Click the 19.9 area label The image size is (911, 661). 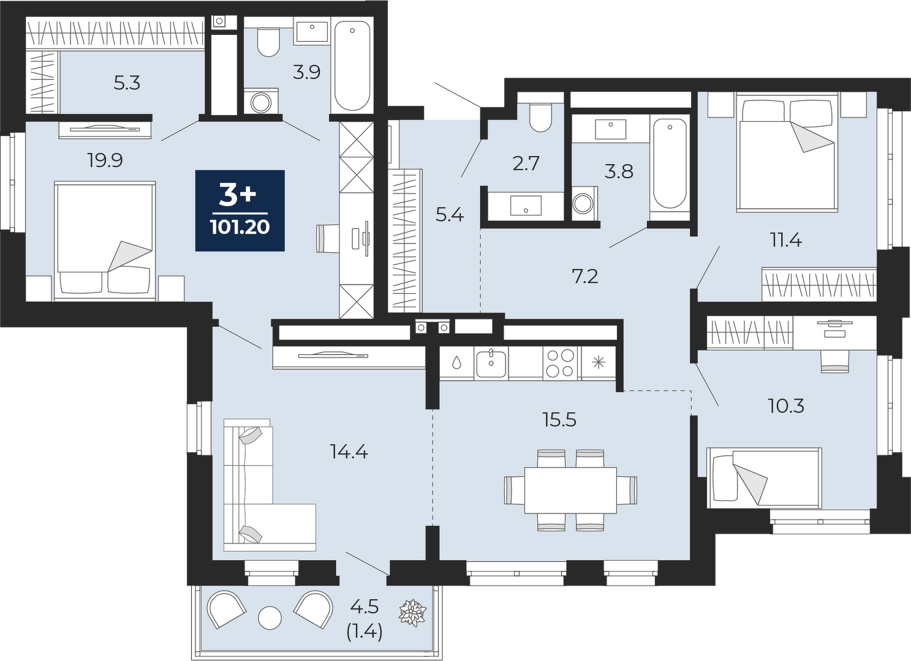pyautogui.click(x=105, y=161)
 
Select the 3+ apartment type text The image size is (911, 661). pyautogui.click(x=238, y=195)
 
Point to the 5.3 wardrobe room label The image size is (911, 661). pyautogui.click(x=127, y=83)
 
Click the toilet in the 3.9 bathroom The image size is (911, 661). pyautogui.click(x=268, y=42)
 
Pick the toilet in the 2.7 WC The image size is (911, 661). pyautogui.click(x=540, y=117)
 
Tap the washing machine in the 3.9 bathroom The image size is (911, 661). pyautogui.click(x=261, y=103)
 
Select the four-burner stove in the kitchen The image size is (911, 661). pyautogui.click(x=560, y=363)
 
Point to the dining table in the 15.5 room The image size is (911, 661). pyautogui.click(x=570, y=490)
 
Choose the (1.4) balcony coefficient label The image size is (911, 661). pyautogui.click(x=364, y=632)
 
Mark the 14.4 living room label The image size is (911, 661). pyautogui.click(x=349, y=452)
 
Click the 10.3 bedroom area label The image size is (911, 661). pyautogui.click(x=786, y=406)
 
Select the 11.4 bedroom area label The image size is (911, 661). pyautogui.click(x=786, y=241)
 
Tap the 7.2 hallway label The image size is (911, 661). pyautogui.click(x=585, y=277)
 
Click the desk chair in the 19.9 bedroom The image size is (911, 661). pyautogui.click(x=327, y=239)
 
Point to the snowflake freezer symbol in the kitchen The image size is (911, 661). pyautogui.click(x=599, y=362)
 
